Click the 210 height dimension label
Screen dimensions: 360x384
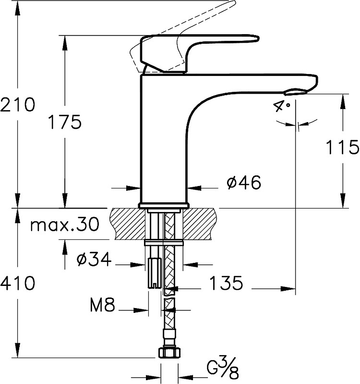tap(18, 104)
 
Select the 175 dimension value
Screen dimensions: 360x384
tap(65, 122)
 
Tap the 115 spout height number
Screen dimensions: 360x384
tap(342, 147)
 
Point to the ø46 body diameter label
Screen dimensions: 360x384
tap(243, 182)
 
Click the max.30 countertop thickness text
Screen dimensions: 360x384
tap(65, 224)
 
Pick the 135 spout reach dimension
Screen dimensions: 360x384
tap(226, 283)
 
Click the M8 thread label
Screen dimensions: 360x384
tap(102, 305)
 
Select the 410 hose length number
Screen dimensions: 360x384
tap(18, 283)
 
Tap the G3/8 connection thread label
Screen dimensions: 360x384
tap(223, 368)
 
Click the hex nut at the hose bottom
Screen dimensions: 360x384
tap(169, 353)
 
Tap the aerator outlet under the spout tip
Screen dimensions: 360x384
tap(296, 92)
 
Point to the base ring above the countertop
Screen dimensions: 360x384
tap(164, 206)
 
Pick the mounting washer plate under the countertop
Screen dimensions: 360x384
tap(164, 243)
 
